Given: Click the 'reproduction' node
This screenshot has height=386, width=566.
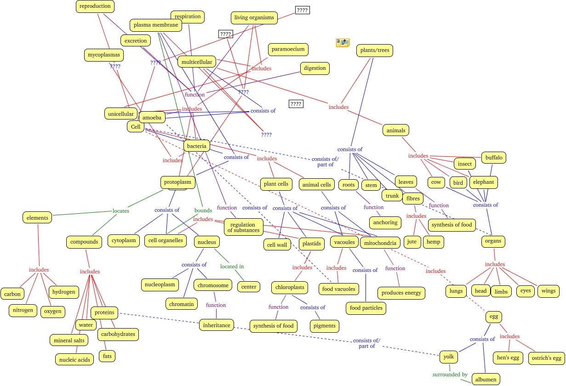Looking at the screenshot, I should (95, 6).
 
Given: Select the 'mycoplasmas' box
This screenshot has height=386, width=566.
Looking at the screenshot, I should (104, 55).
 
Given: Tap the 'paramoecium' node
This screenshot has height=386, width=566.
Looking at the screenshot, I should (288, 49).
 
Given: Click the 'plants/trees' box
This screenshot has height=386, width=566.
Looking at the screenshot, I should (375, 50).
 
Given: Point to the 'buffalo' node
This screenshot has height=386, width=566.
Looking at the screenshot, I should (494, 158).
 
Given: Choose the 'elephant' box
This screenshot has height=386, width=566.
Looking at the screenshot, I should (483, 182).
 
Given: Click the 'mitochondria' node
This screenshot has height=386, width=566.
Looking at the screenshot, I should (378, 242).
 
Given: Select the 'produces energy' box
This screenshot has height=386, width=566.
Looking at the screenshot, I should (401, 293).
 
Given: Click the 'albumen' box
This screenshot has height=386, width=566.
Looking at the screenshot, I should (486, 379).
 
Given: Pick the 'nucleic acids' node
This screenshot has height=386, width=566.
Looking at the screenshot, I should (74, 359).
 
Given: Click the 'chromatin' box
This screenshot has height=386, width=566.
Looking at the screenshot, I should (182, 303).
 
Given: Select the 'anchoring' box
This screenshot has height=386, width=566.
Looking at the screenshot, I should (385, 222).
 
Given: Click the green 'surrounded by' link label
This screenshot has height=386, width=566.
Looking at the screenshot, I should (450, 374).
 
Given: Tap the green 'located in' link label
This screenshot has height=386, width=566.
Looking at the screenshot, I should (232, 266).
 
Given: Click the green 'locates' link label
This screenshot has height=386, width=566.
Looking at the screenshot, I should (121, 211).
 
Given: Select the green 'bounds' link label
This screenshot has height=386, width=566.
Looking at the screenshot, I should (203, 210).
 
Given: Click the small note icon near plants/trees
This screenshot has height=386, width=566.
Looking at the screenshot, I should (343, 43).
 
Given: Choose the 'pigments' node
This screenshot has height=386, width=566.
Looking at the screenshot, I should (324, 326).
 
